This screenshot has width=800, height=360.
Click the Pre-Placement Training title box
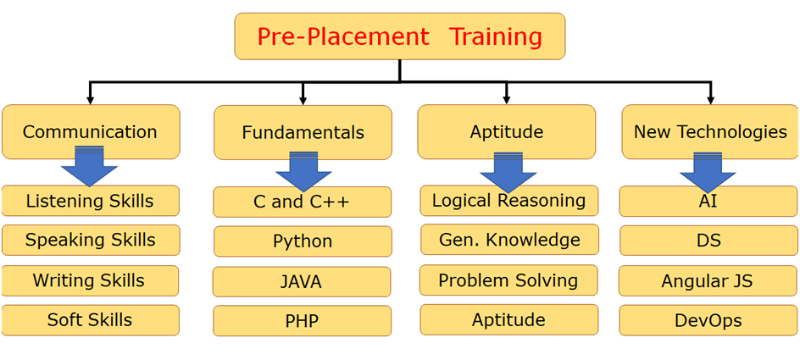pyautogui.click(x=399, y=36)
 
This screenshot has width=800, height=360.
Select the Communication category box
pyautogui.click(x=91, y=131)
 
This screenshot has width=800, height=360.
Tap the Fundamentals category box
pyautogui.click(x=303, y=133)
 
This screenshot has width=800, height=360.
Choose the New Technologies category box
pyautogui.click(x=710, y=131)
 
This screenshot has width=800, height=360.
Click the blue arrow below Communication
pyautogui.click(x=89, y=166)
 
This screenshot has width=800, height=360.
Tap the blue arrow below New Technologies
pyautogui.click(x=708, y=172)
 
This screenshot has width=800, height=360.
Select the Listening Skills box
pyautogui.click(x=91, y=201)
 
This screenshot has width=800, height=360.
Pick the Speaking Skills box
pyautogui.click(x=91, y=240)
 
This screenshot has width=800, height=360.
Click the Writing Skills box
pyautogui.click(x=90, y=280)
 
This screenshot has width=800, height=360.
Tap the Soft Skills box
pyautogui.click(x=91, y=319)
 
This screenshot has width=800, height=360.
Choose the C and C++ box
pyautogui.click(x=302, y=202)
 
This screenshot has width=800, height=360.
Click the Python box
pyautogui.click(x=303, y=241)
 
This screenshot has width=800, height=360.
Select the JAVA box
pyautogui.click(x=302, y=281)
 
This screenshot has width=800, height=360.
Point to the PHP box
pyautogui.click(x=302, y=321)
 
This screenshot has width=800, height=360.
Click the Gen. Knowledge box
pyautogui.click(x=509, y=239)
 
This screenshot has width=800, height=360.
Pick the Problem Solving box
pyautogui.click(x=508, y=280)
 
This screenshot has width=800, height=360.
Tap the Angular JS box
pyautogui.click(x=708, y=280)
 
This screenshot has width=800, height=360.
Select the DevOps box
pyautogui.click(x=708, y=320)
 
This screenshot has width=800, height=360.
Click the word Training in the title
pyautogui.click(x=495, y=37)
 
